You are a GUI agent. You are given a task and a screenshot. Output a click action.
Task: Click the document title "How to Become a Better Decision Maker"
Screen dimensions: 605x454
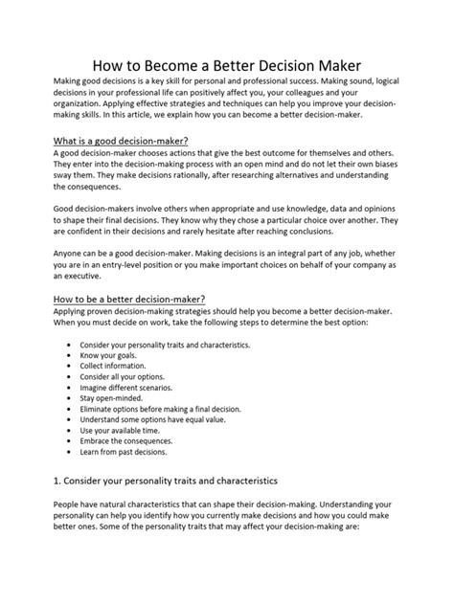tap(227, 66)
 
